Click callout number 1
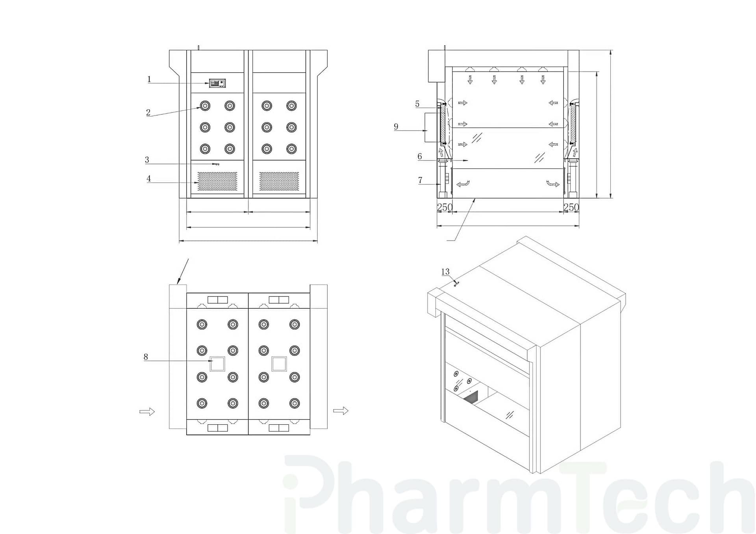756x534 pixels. point(149,79)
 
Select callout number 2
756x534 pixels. point(148,112)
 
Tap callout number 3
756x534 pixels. point(147,160)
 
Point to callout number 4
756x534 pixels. point(148,179)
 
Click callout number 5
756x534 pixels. point(417,104)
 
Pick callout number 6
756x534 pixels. point(420,157)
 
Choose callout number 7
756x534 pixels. point(420,180)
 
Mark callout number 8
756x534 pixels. point(146,357)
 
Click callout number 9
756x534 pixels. point(396,127)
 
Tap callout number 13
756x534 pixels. point(445,272)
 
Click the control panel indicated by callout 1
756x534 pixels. point(217,83)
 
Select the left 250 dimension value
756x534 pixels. point(445,207)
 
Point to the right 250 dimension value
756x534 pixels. point(571,207)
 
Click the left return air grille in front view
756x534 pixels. point(217,181)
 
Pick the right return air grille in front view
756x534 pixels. point(279,181)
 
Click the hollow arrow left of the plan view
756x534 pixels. point(147,412)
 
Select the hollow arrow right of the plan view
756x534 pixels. point(341,411)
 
